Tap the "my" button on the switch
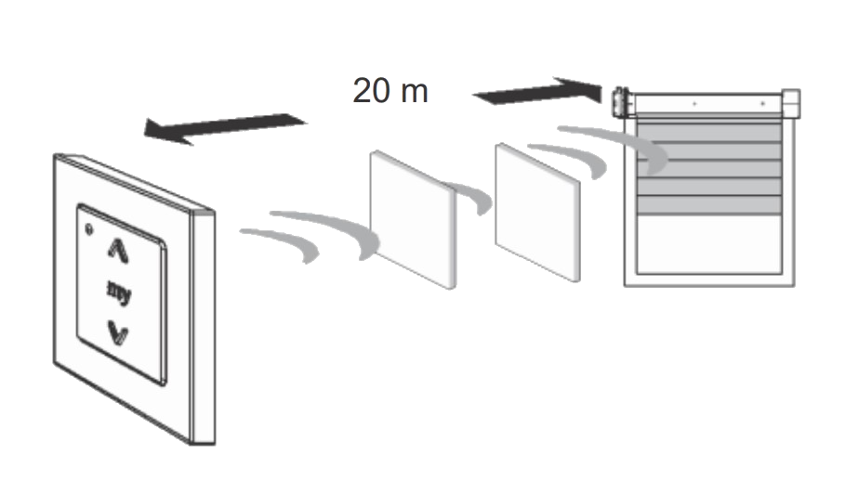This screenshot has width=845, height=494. click(x=119, y=292)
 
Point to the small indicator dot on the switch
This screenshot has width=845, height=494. click(x=89, y=229)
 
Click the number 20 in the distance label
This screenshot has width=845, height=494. click(x=371, y=90)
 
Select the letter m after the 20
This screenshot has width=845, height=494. click(x=415, y=94)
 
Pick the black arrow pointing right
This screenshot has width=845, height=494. click(x=537, y=92)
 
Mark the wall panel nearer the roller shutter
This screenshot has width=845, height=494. click(x=538, y=212)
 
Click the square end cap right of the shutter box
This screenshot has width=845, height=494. click(x=790, y=104)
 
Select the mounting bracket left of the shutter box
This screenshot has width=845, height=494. click(x=620, y=103)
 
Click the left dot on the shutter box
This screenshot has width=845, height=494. click(x=694, y=103)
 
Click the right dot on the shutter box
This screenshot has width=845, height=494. click(x=762, y=103)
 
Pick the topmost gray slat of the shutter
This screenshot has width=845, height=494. click(x=709, y=133)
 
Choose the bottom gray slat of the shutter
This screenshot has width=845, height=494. click(x=709, y=205)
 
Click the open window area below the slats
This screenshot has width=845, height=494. click(x=709, y=244)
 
